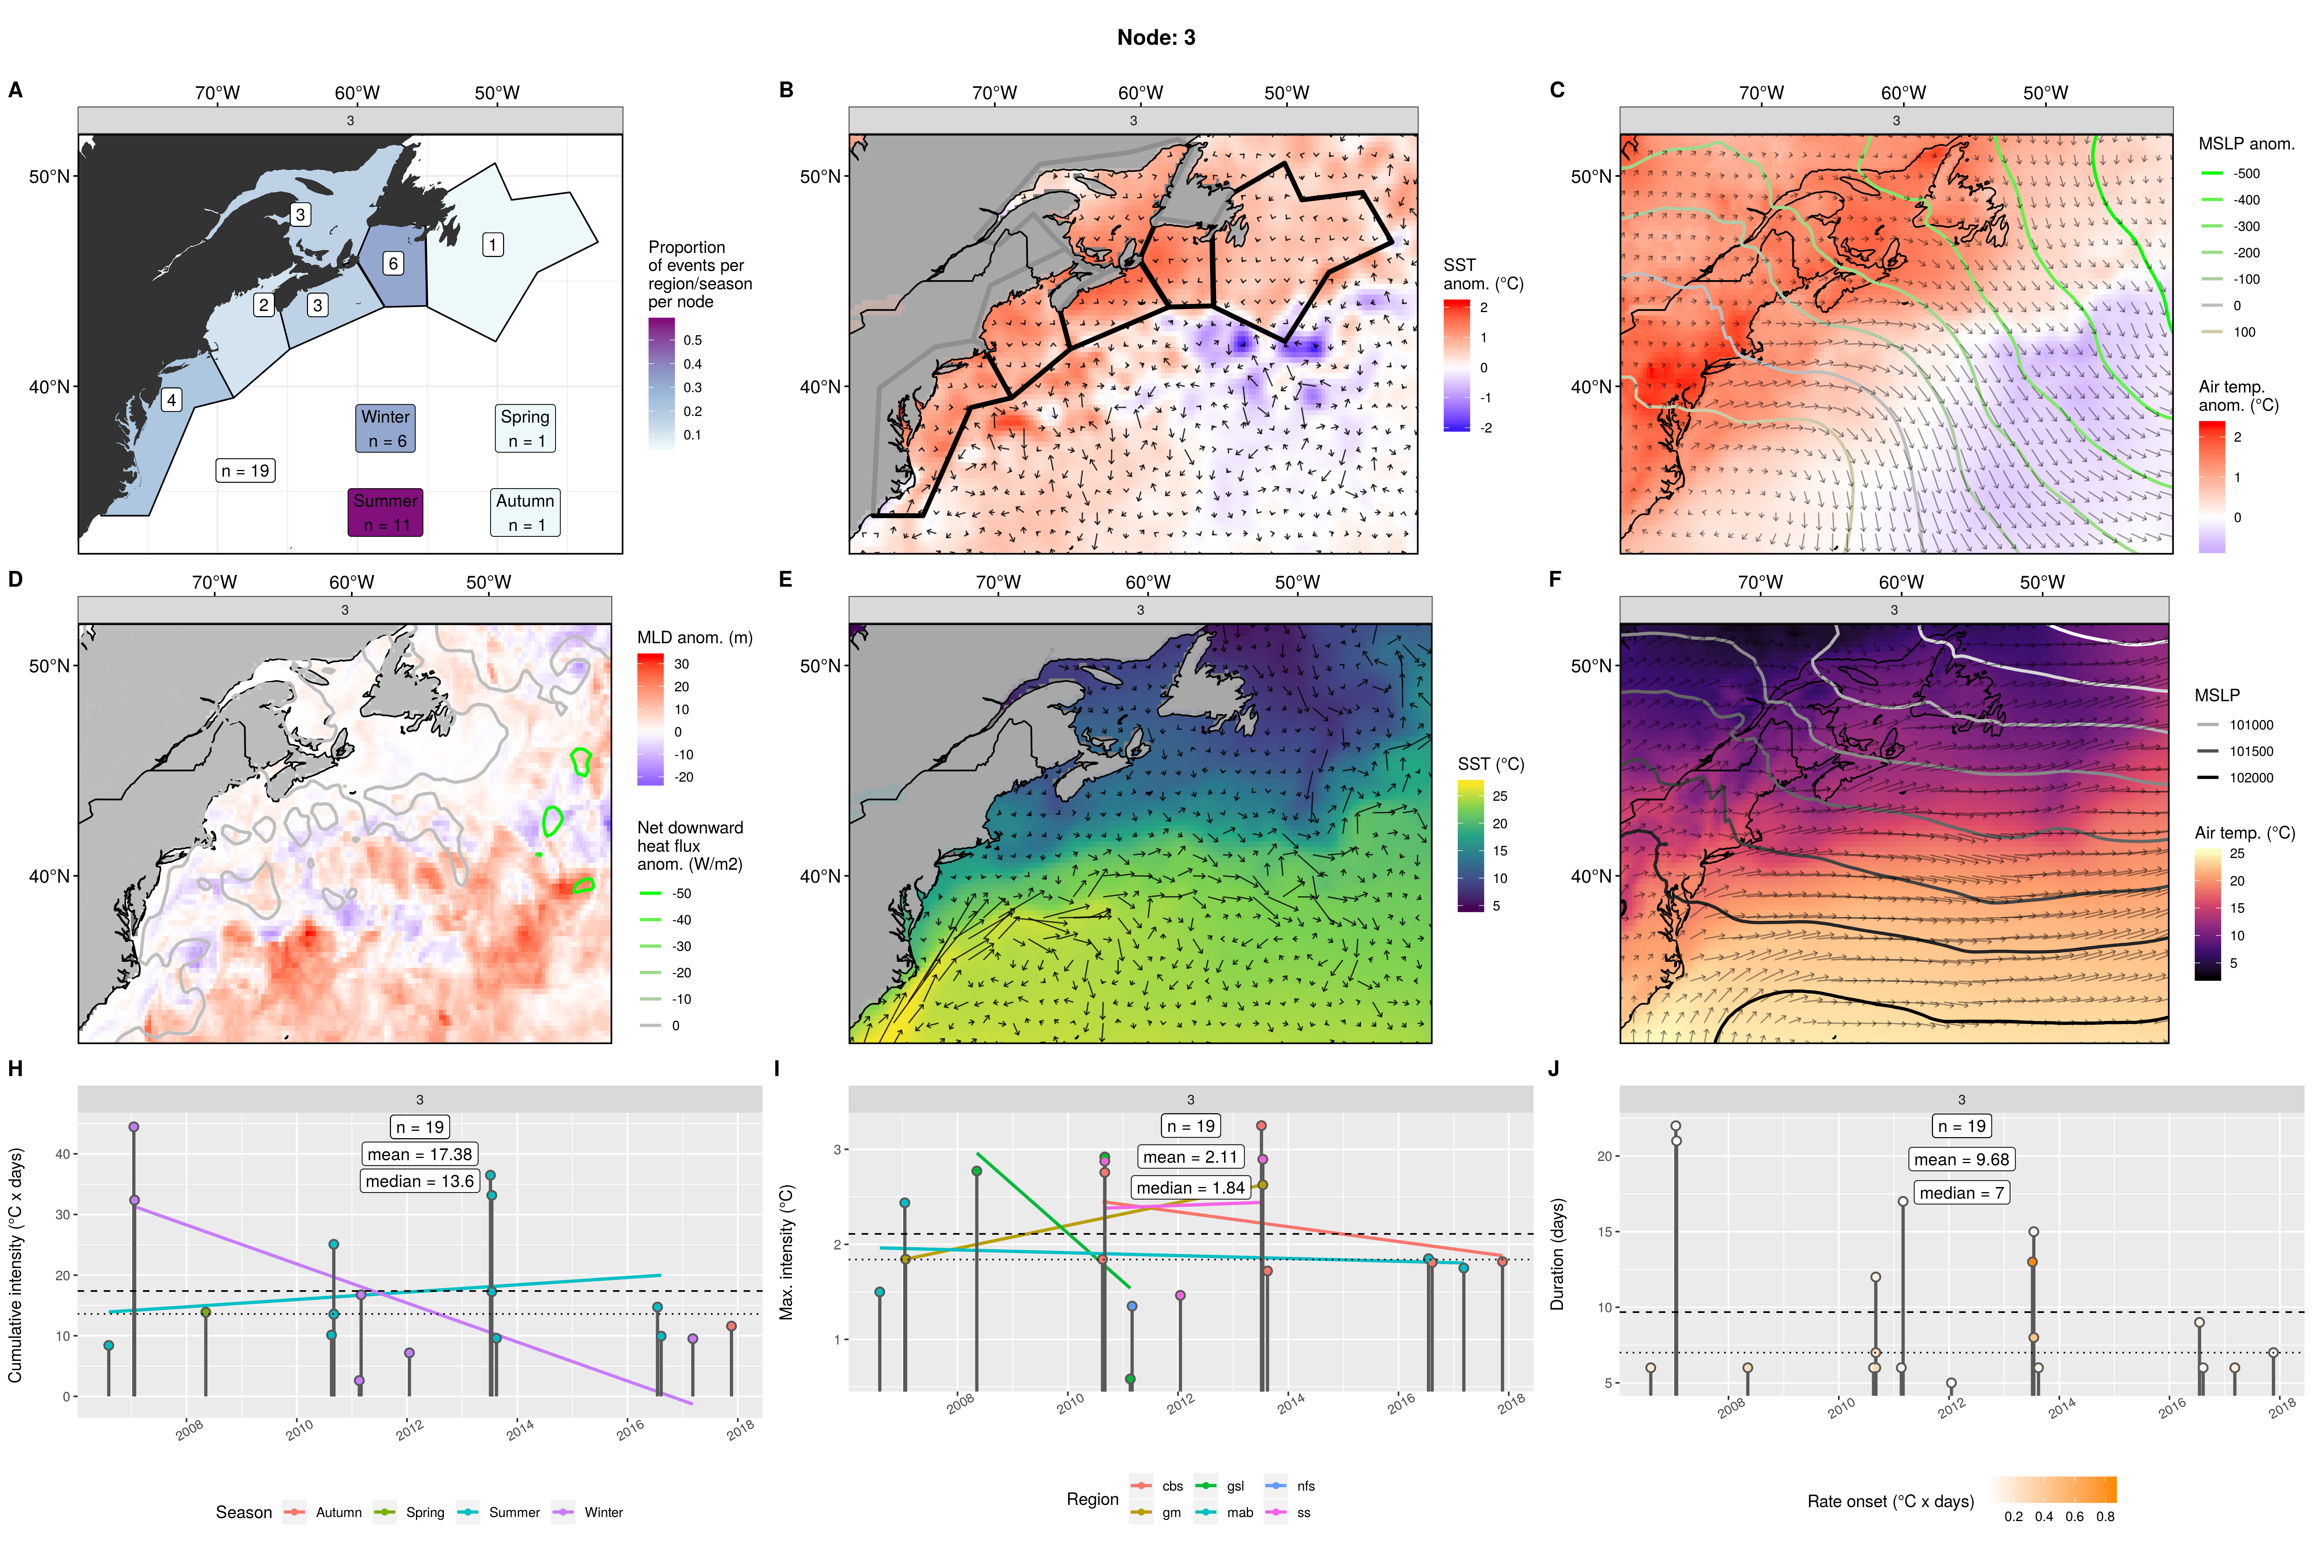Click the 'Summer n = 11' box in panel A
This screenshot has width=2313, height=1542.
(385, 513)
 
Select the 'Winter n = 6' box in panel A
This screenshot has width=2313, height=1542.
(385, 429)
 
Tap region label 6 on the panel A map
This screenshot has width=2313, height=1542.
(392, 264)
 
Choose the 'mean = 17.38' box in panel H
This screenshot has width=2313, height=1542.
(420, 1155)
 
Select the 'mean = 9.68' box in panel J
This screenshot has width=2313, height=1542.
(1962, 1159)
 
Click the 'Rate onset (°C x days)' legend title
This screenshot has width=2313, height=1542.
(1890, 1502)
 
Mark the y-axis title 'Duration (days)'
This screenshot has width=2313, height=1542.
(1557, 1254)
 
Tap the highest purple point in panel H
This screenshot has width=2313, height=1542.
(134, 1127)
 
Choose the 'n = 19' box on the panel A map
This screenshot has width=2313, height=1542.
(245, 471)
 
